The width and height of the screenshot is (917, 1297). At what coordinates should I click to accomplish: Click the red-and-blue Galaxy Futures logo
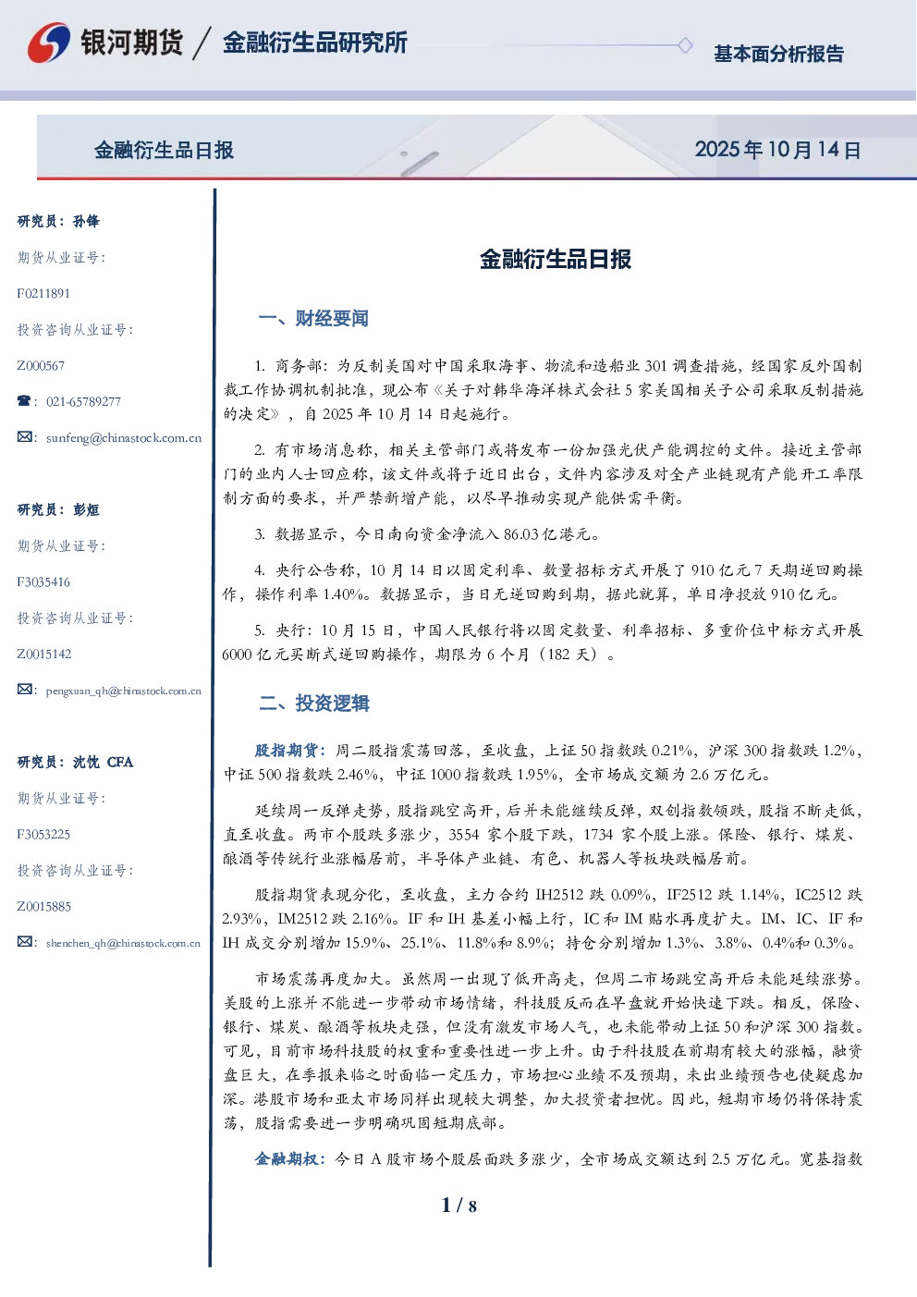(49, 43)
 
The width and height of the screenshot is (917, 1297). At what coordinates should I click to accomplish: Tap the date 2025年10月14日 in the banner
(777, 150)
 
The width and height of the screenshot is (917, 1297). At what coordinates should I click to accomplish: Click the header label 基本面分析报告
(778, 54)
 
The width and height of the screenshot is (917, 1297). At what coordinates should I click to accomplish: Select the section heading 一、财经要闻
(313, 318)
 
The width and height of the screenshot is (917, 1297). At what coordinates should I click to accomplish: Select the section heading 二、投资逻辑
(313, 703)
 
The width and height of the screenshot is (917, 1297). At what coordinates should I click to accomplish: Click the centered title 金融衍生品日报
(556, 259)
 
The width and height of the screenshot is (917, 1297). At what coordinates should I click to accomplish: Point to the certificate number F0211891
(43, 294)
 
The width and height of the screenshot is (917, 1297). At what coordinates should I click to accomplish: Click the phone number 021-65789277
(83, 402)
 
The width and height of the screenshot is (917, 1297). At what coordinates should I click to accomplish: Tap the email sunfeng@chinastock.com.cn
(124, 438)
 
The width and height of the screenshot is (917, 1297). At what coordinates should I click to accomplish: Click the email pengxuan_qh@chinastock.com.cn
(124, 691)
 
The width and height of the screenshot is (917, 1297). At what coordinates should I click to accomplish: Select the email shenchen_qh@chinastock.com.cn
(123, 943)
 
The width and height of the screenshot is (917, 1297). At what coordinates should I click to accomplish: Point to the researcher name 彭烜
(86, 509)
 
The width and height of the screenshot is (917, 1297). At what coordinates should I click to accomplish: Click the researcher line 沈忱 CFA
(103, 762)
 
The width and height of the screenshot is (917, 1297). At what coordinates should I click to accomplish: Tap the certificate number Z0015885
(44, 907)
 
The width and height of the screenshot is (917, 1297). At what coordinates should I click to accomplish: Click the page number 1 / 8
(458, 1206)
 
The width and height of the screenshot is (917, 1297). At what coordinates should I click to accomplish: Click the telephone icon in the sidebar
(24, 400)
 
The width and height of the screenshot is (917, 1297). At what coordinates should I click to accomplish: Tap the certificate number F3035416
(43, 581)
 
